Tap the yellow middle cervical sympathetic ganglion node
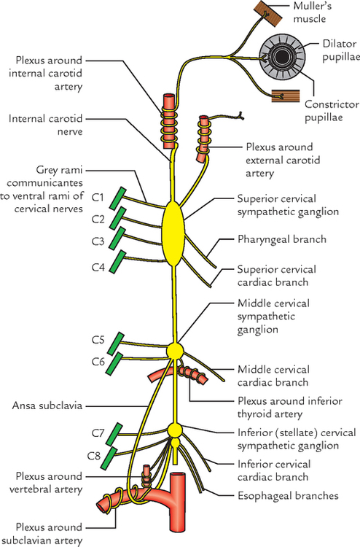pyautogui.click(x=174, y=351)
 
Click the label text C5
pyautogui.click(x=98, y=340)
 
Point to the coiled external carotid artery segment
pyautogui.click(x=202, y=139)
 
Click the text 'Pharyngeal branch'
pyautogui.click(x=281, y=238)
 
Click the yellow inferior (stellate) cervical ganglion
pyautogui.click(x=174, y=430)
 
